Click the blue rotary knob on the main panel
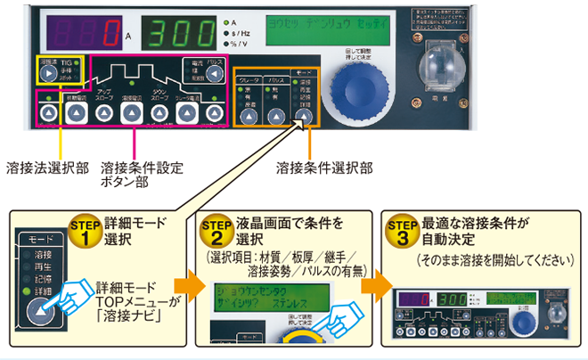[368, 96]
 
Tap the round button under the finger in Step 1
[42, 310]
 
